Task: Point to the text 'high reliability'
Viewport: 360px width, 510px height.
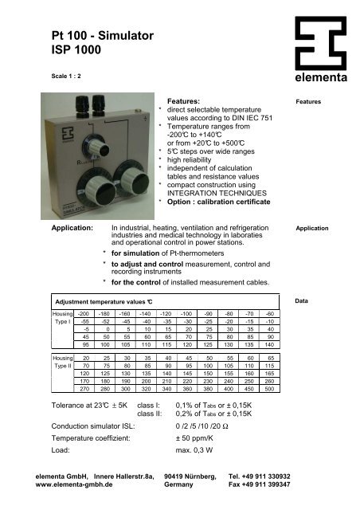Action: click(x=196, y=159)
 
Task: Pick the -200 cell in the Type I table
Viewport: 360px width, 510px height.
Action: click(x=82, y=316)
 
